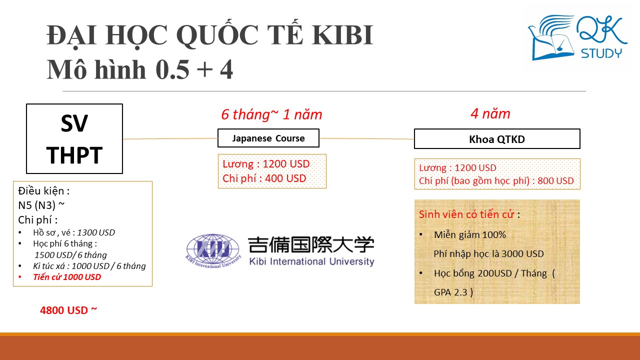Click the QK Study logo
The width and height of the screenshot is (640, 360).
[x=577, y=37]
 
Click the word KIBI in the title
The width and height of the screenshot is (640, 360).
[x=342, y=35]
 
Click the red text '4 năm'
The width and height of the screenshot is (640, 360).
[x=490, y=113]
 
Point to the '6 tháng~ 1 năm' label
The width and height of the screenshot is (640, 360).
[x=271, y=114]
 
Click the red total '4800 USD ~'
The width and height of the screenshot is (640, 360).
[x=68, y=310]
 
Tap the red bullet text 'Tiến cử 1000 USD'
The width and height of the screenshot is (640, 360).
[x=67, y=277]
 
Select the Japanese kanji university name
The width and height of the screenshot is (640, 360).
[x=311, y=245]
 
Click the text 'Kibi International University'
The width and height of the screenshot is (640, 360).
[x=311, y=261]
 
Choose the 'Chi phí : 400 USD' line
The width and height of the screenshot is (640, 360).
[x=264, y=178]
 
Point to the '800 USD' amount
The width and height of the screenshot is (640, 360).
[x=555, y=181]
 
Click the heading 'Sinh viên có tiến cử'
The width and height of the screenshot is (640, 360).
[x=466, y=214]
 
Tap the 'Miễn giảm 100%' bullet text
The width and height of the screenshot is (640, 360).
[x=470, y=235]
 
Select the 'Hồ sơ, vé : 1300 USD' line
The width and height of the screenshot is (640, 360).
[x=74, y=232]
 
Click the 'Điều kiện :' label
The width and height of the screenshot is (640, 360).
[x=44, y=191]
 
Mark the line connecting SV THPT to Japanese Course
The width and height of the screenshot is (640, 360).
[x=170, y=139]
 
